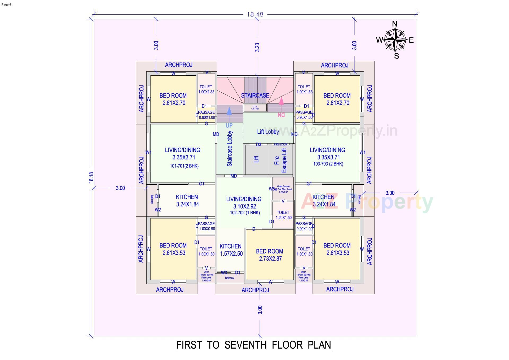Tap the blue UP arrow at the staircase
click(x=229, y=112)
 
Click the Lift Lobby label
click(x=268, y=132)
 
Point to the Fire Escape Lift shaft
click(x=281, y=160)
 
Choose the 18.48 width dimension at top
click(x=255, y=15)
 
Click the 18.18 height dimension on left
click(x=91, y=177)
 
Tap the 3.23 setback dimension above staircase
click(x=257, y=47)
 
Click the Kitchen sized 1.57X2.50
click(x=231, y=250)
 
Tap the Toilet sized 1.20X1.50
click(x=283, y=215)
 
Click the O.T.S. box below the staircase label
click(x=255, y=108)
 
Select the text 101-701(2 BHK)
click(x=184, y=166)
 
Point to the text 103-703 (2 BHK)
click(x=328, y=164)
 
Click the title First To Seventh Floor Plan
click(x=253, y=345)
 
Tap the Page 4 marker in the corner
click(x=6, y=5)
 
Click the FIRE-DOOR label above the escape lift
click(x=280, y=145)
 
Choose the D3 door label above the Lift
click(x=258, y=145)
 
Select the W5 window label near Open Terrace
click(x=271, y=189)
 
